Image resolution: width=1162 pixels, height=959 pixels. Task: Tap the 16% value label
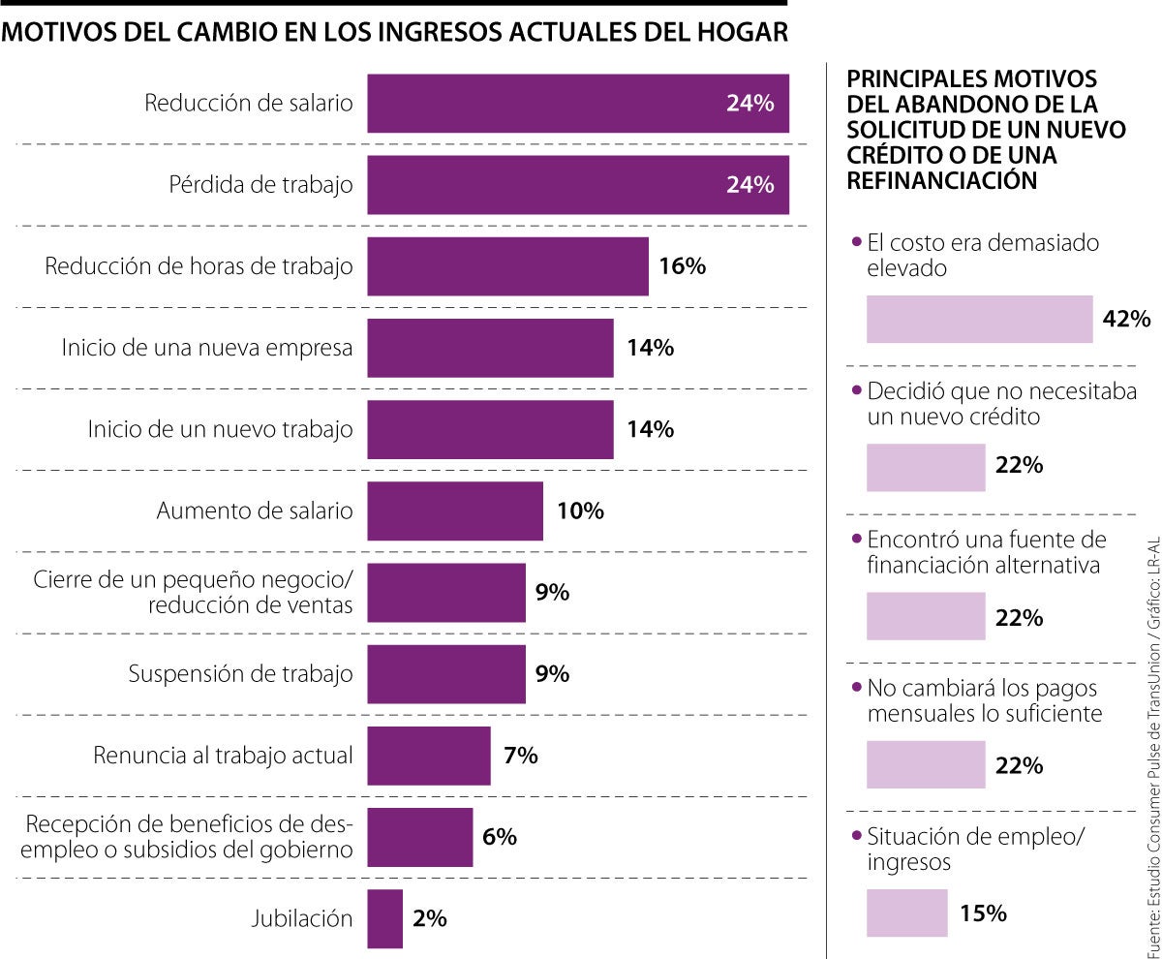682,265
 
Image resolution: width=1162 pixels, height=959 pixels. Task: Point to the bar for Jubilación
384,918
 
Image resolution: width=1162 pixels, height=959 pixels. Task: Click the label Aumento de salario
255,510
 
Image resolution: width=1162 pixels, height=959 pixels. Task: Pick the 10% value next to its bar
580,510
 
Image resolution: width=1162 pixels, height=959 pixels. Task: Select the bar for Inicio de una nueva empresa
490,348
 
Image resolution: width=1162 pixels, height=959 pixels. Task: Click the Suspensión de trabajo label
240,673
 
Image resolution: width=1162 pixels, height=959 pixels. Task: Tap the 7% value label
521,755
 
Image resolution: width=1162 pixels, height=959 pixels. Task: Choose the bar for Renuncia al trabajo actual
429,755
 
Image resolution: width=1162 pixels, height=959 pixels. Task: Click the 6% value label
500,836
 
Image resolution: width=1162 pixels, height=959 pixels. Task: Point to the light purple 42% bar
979,319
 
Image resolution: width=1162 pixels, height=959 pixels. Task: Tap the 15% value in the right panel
984,913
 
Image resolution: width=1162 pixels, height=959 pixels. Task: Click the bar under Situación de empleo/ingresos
906,913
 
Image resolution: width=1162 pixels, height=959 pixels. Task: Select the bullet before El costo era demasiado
854,243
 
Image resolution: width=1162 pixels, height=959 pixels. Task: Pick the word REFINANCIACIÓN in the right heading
935,180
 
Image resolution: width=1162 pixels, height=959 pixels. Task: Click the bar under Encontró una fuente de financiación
926,616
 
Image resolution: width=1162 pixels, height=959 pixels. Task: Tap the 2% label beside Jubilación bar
429,918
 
